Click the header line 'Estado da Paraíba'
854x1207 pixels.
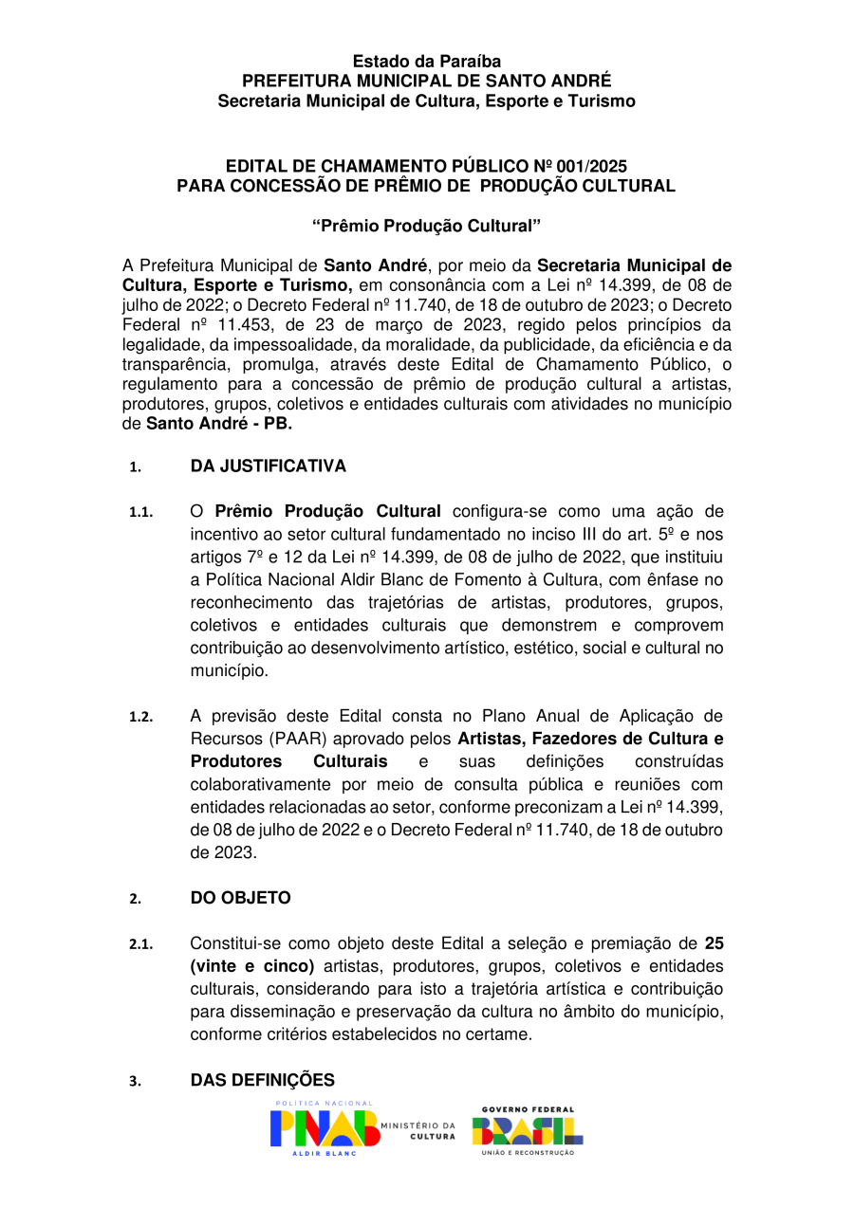[426, 62]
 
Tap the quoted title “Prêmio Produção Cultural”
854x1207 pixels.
[426, 226]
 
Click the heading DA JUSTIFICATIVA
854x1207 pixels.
[268, 466]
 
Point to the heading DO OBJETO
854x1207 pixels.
[240, 897]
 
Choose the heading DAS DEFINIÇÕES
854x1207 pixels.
[262, 1080]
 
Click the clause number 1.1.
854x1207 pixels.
[140, 513]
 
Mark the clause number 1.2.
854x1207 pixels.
[140, 717]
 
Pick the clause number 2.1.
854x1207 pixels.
[140, 944]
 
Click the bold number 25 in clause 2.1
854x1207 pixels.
[714, 943]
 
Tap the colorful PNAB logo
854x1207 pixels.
[324, 1128]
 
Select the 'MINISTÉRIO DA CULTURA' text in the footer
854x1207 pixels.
[418, 1130]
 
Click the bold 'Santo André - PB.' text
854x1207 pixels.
[219, 423]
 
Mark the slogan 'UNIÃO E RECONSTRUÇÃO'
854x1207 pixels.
[528, 1152]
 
